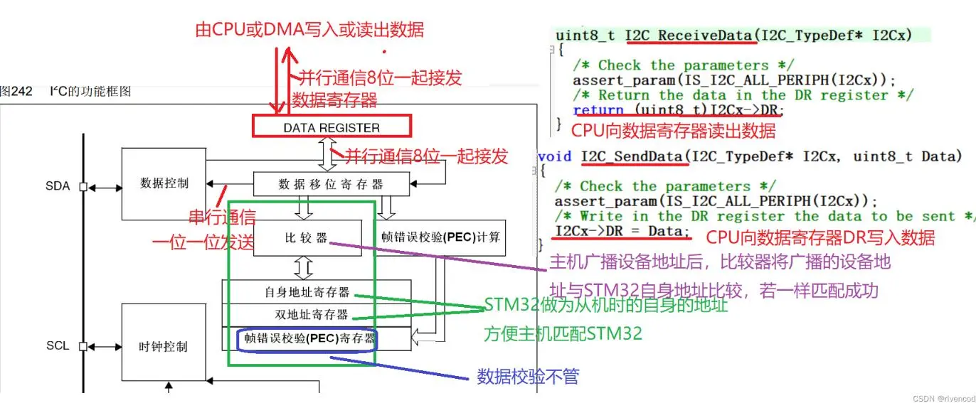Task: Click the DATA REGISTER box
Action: [x=331, y=128]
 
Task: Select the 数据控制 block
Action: [x=164, y=183]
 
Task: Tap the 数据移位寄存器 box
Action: [x=331, y=184]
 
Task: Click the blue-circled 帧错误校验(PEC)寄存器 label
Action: [x=308, y=339]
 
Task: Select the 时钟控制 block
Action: [x=164, y=346]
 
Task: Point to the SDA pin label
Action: [x=58, y=186]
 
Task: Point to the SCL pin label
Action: [x=58, y=346]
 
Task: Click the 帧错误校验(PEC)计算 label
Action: [x=441, y=236]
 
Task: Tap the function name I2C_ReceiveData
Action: [x=688, y=35]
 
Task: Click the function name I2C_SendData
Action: [x=634, y=156]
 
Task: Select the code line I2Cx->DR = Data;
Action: [x=622, y=231]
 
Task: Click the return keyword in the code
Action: [x=598, y=110]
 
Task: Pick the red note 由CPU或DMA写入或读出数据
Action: [x=309, y=30]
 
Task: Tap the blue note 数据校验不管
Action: [x=528, y=377]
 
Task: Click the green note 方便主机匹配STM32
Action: [x=563, y=333]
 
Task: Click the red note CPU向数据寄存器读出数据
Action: [x=673, y=131]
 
